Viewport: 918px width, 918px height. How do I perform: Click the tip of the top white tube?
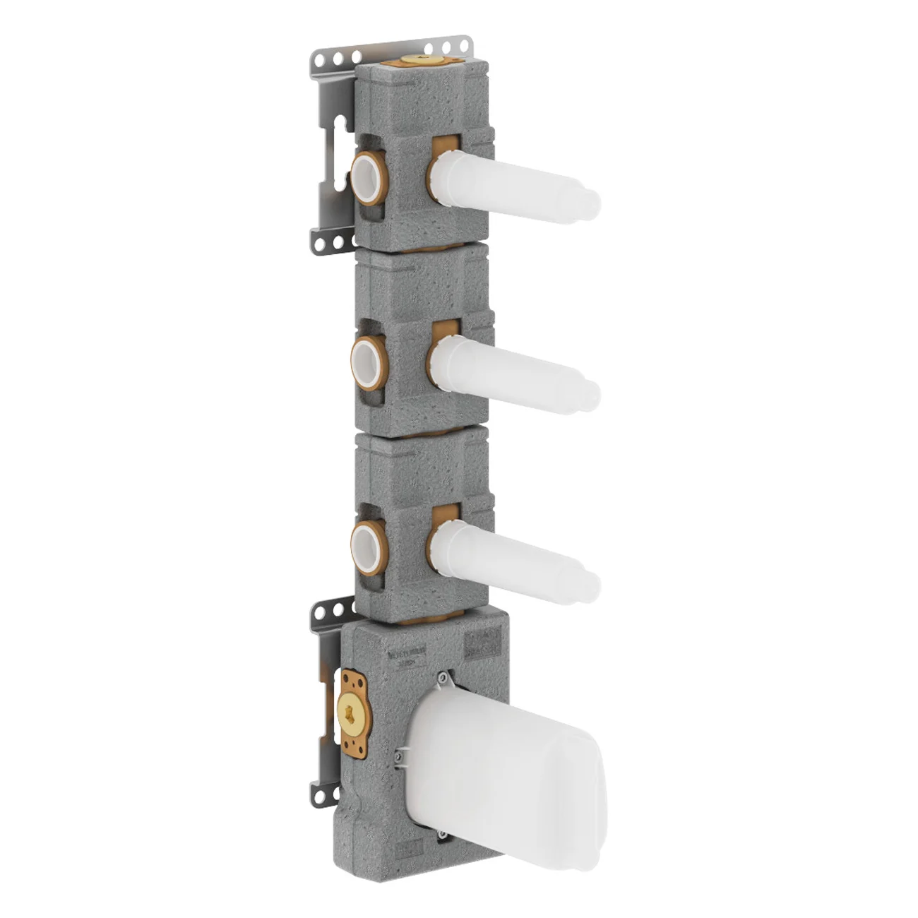(592, 202)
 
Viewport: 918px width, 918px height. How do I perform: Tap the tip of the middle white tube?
(592, 393)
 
